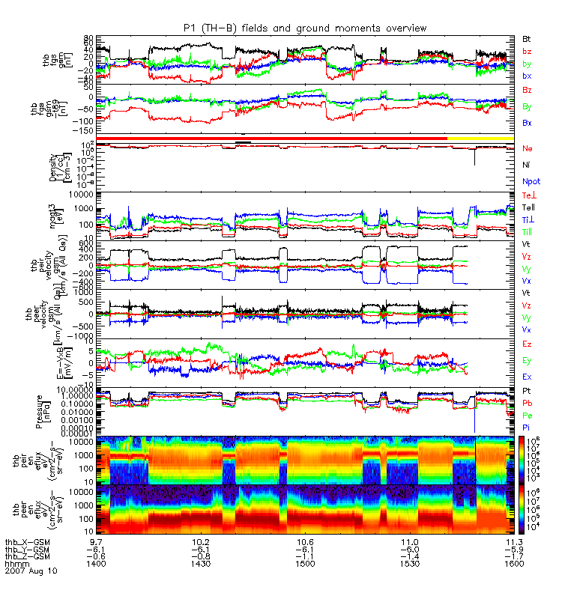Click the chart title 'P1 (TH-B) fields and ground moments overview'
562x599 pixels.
pos(305,28)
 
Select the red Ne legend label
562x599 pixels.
pos(527,148)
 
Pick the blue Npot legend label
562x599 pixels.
pos(531,181)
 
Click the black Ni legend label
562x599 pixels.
pos(526,164)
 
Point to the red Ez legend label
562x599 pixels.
pos(527,343)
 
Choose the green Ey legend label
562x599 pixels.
pos(527,360)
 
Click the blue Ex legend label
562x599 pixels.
pos(527,377)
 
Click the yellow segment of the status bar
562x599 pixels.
pos(480,139)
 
